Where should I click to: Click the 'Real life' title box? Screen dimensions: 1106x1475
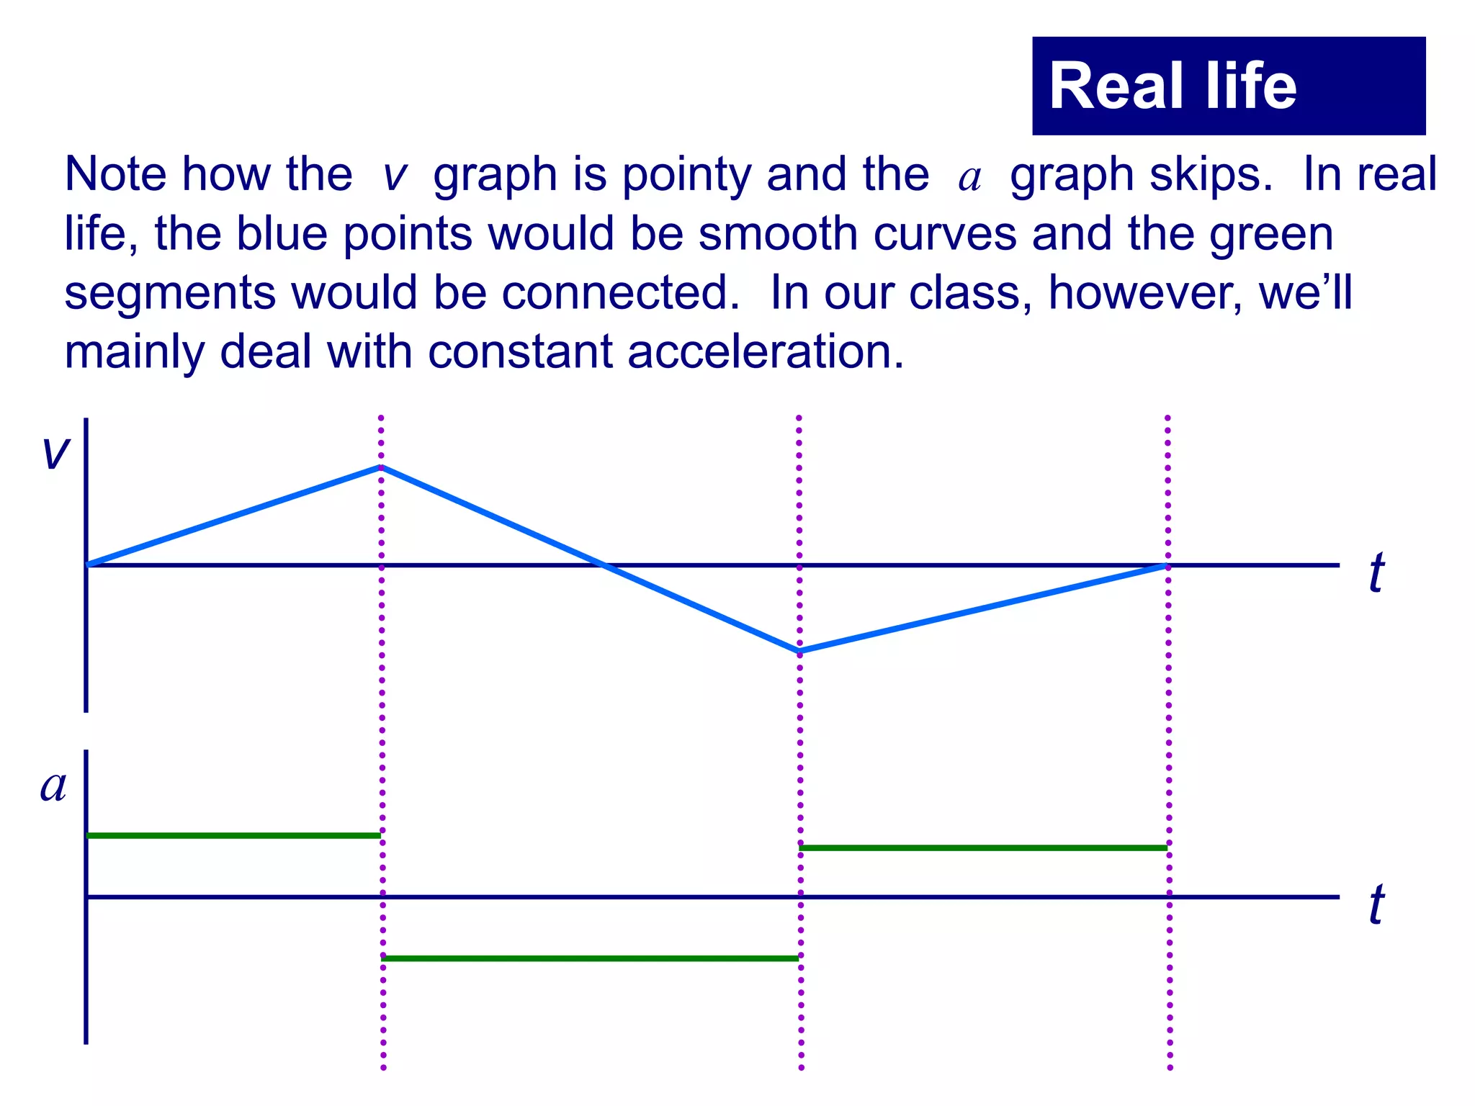[x=1228, y=86]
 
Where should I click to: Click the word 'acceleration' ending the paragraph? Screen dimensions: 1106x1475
[x=765, y=352]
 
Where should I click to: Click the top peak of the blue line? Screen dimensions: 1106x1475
[x=381, y=467]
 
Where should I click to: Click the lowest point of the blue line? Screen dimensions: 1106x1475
[x=799, y=652]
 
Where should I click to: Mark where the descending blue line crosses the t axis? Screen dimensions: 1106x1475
[x=604, y=565]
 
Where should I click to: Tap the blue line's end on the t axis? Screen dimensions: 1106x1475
[x=1167, y=565]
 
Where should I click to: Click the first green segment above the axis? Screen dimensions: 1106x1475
[x=233, y=835]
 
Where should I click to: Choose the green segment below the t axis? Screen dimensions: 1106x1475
[x=591, y=958]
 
